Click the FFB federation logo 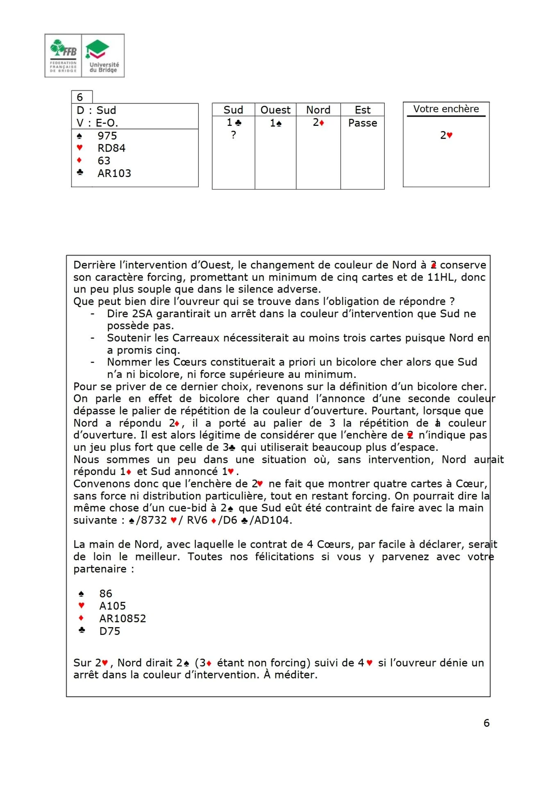pos(63,56)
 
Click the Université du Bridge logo pos(103,56)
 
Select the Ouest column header pos(275,110)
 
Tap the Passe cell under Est pos(363,123)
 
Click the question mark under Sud pos(234,135)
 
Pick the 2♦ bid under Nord pos(318,123)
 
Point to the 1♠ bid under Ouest pos(275,123)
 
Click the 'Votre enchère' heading pos(446,109)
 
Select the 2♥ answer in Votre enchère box pos(446,135)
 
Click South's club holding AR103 pos(114,173)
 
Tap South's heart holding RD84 pos(111,148)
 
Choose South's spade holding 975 pos(107,136)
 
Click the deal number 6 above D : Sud pos(80,97)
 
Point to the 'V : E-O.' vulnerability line pos(97,123)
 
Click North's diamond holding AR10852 pos(123,619)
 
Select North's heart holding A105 pos(112,606)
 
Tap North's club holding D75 pos(110,631)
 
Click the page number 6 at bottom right pos(486,723)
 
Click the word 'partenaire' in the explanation pos(100,569)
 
